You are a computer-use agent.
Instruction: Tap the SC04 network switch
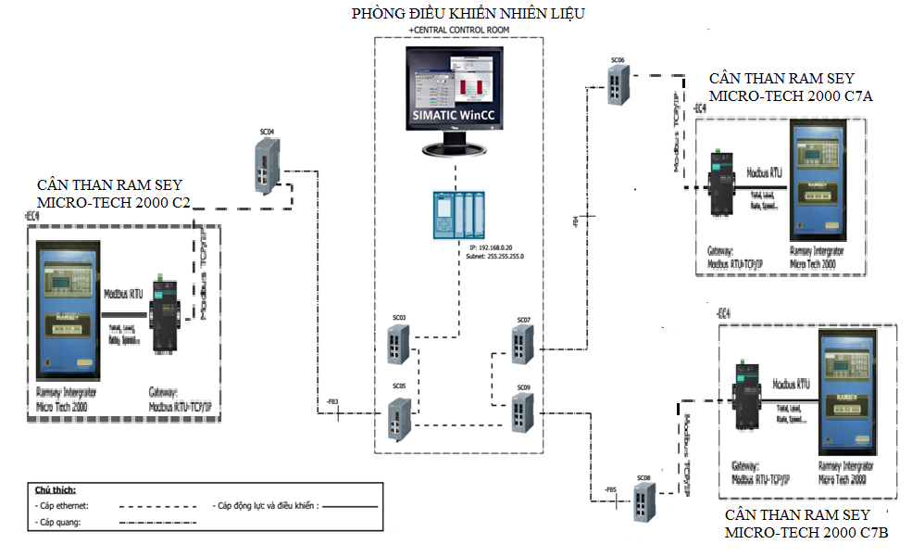coord(267,167)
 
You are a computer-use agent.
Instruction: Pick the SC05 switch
coord(399,420)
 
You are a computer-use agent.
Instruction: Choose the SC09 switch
coord(523,410)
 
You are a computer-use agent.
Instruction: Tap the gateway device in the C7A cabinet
coord(720,183)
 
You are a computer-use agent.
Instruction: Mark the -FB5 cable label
coord(610,488)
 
